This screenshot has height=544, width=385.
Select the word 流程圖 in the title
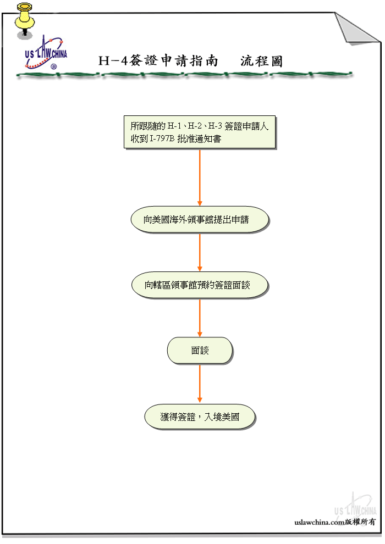click(x=261, y=61)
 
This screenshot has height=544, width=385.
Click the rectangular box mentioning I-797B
click(x=199, y=132)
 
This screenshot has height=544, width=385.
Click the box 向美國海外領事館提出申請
click(x=199, y=220)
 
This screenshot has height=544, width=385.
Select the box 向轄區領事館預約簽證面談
click(x=199, y=285)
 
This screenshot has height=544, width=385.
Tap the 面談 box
click(x=200, y=350)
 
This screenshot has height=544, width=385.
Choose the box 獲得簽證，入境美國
click(x=200, y=417)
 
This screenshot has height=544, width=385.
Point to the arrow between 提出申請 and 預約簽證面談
click(x=200, y=252)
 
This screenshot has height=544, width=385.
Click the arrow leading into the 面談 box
click(x=200, y=318)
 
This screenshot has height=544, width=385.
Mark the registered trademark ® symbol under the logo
click(x=53, y=66)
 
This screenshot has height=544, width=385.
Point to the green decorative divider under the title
click(x=184, y=74)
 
